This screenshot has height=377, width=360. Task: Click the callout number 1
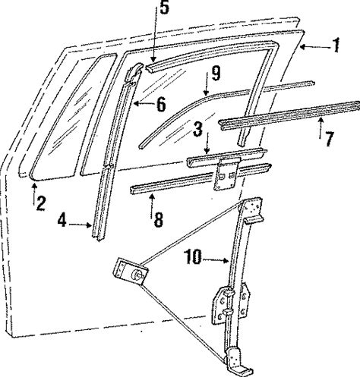(x=336, y=46)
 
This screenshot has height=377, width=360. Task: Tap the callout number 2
(x=41, y=203)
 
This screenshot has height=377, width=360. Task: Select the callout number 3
(x=197, y=129)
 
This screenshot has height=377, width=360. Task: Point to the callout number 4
(x=62, y=220)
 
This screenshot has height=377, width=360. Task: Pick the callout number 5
(x=164, y=8)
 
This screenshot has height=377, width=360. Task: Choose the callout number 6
(x=162, y=104)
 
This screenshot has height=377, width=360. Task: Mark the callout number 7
(x=329, y=139)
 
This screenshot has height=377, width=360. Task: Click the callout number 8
(x=158, y=219)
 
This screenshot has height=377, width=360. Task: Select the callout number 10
(x=194, y=256)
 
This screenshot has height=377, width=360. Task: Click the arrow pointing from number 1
(x=314, y=47)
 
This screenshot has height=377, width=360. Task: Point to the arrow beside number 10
(x=216, y=260)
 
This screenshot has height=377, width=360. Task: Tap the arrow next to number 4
(x=80, y=225)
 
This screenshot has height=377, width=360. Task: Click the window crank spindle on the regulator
(x=138, y=275)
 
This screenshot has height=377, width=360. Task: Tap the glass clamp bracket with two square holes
(x=226, y=174)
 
